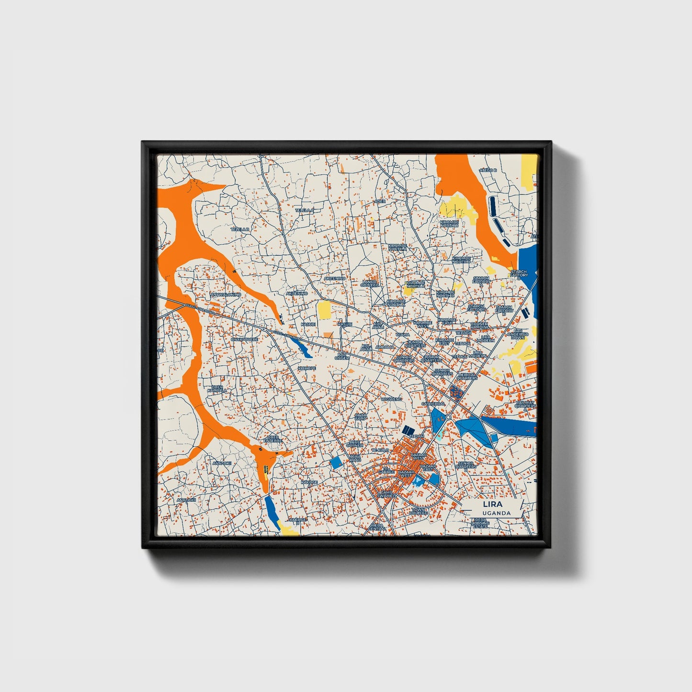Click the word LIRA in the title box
pyautogui.click(x=493, y=504)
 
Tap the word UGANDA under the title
pyautogui.click(x=497, y=513)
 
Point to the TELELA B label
pyautogui.click(x=240, y=229)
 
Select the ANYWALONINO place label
pyautogui.click(x=226, y=295)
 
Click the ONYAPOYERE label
pyautogui.click(x=244, y=339)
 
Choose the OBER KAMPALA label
pyautogui.click(x=217, y=388)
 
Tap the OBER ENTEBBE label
pyautogui.click(x=273, y=439)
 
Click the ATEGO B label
pyautogui.click(x=488, y=170)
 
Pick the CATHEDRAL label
pyautogui.click(x=432, y=404)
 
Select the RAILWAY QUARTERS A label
pyautogui.click(x=525, y=406)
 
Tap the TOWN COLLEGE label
pyautogui.click(x=418, y=511)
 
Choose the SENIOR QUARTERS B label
pyautogui.click(x=465, y=466)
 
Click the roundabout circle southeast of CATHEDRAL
pyautogui.click(x=448, y=418)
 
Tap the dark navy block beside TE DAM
pyautogui.click(x=408, y=430)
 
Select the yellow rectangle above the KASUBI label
pyautogui.click(x=324, y=310)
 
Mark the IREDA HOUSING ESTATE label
pyautogui.click(x=480, y=522)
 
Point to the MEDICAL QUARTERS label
pyautogui.click(x=466, y=376)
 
